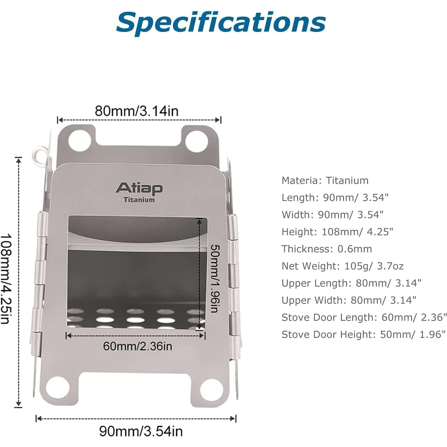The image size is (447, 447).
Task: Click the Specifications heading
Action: point(221,23)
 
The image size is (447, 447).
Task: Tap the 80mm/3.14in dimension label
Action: point(137,111)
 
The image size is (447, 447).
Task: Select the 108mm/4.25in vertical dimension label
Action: point(6,279)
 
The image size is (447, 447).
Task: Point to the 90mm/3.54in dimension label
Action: point(141,431)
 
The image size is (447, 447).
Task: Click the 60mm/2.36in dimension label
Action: point(138,346)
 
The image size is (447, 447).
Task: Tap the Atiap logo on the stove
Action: point(139,189)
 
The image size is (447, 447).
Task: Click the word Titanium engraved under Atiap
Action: point(139,200)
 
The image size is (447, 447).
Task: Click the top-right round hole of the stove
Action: point(197,141)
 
